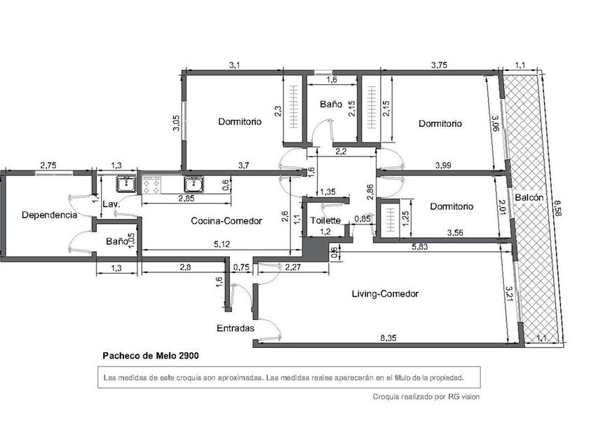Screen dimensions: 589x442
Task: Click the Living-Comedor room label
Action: tap(385, 293)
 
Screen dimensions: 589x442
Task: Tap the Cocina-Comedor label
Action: tap(226, 220)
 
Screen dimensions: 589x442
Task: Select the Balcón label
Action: tap(529, 197)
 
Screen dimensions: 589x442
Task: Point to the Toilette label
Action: tap(325, 220)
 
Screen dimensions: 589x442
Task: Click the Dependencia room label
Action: tap(50, 215)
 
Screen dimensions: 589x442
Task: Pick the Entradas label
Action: tap(236, 328)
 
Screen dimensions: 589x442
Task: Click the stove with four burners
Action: tap(151, 185)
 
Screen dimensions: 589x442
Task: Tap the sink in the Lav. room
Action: tap(126, 184)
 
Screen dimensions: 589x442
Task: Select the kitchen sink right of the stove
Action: tap(194, 184)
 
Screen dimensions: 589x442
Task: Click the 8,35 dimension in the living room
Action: tap(388, 338)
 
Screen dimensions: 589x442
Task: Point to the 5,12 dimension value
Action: tap(222, 244)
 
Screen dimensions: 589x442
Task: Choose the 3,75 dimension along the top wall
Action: tap(439, 65)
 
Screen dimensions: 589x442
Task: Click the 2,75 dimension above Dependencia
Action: tap(48, 165)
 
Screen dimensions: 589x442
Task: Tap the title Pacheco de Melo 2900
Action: tap(151, 356)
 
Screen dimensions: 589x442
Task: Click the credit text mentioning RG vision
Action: tap(426, 396)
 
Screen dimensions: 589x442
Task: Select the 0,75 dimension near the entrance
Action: tap(241, 267)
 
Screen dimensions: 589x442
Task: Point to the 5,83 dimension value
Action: tap(419, 246)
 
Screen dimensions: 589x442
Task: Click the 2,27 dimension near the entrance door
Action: tap(293, 267)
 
